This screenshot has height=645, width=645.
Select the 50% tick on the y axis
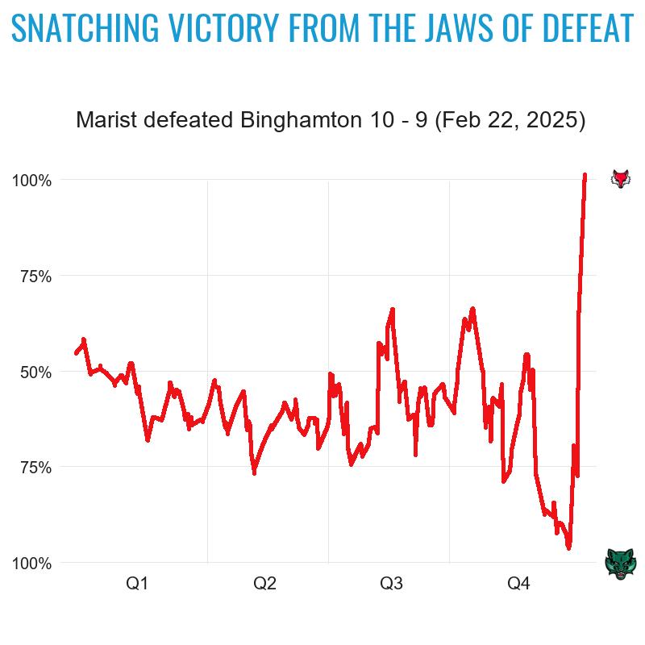click(x=35, y=372)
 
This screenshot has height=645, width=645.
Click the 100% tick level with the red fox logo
click(x=32, y=181)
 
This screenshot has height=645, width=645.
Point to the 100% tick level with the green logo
click(x=32, y=564)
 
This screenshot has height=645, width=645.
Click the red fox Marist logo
click(x=620, y=178)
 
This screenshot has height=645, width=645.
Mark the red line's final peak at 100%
click(x=585, y=175)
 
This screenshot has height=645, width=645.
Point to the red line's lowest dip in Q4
click(x=568, y=547)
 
